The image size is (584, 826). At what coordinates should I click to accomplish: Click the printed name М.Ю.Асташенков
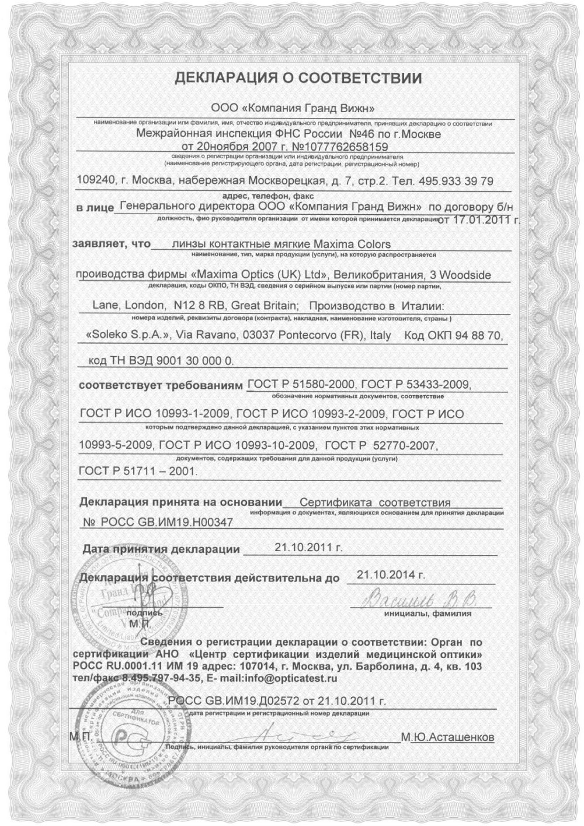[x=447, y=738]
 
